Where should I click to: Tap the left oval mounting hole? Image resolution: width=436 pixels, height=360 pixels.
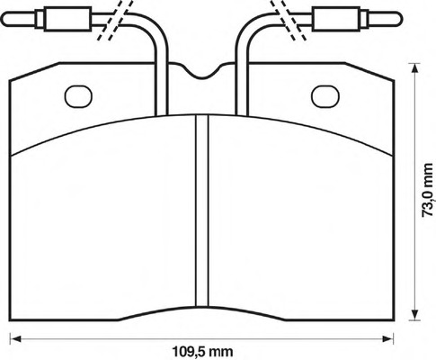[78, 93]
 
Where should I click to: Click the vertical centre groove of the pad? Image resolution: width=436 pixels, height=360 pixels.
[201, 216]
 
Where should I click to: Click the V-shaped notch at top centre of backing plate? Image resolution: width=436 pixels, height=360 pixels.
[201, 75]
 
